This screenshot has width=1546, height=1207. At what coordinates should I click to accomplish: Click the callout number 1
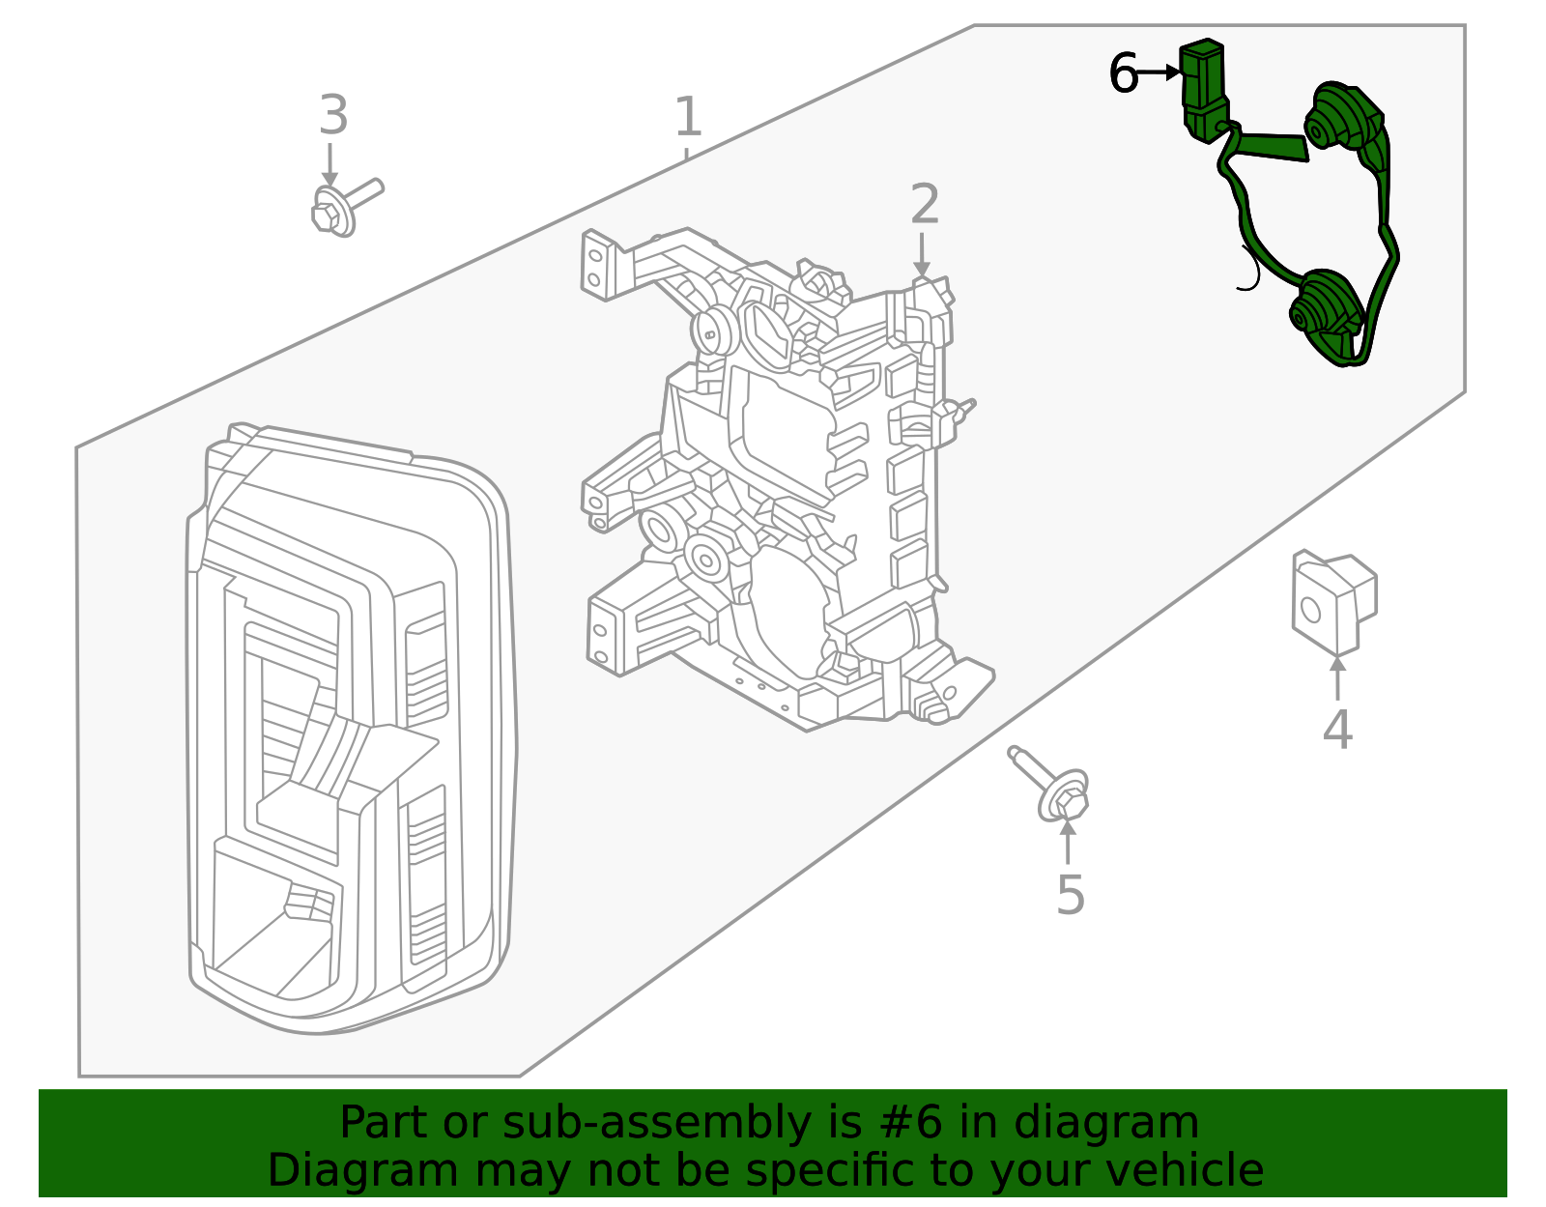[687, 118]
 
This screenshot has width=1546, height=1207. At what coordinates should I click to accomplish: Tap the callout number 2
[925, 205]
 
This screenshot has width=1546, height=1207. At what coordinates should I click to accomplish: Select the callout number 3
[333, 116]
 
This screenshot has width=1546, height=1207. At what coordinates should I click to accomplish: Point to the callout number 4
[1337, 730]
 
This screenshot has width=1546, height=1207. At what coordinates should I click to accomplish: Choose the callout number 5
[1070, 896]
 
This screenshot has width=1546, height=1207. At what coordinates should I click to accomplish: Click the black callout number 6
[1123, 74]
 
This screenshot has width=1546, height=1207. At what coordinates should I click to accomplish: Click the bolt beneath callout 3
[343, 208]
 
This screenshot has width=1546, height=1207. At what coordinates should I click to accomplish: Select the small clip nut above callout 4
[1332, 600]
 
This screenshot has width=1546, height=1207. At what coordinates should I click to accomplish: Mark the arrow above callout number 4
[1337, 677]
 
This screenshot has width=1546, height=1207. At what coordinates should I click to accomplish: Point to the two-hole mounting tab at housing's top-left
[599, 264]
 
